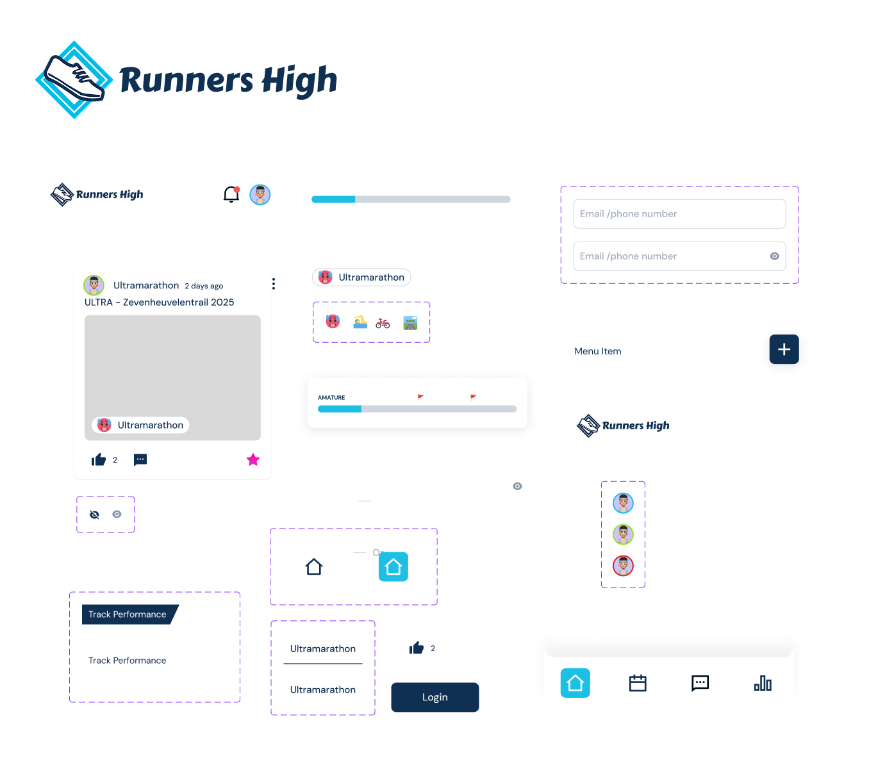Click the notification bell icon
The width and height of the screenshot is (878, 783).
click(x=231, y=194)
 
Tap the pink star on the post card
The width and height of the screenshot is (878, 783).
click(x=253, y=459)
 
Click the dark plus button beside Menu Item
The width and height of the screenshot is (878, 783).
click(x=784, y=349)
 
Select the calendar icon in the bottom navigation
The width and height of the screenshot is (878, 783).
click(x=638, y=683)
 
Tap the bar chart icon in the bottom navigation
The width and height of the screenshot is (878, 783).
click(x=763, y=683)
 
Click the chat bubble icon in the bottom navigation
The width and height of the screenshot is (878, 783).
click(x=700, y=683)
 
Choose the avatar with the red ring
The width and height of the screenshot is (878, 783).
click(x=623, y=566)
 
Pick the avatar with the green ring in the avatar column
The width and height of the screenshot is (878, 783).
click(x=623, y=534)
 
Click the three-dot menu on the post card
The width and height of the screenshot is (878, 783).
click(x=274, y=284)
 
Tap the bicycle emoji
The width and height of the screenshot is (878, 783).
click(x=383, y=323)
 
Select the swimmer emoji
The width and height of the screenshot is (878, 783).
click(x=360, y=322)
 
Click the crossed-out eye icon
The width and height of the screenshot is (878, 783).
click(x=95, y=515)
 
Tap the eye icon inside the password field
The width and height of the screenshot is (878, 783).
click(x=774, y=256)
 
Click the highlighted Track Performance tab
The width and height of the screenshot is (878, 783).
click(x=128, y=614)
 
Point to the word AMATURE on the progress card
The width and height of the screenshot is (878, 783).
click(x=331, y=398)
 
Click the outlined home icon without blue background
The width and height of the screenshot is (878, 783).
click(x=314, y=567)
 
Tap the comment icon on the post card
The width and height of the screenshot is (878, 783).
click(x=140, y=459)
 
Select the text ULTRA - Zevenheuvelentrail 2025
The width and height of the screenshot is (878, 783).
click(x=160, y=302)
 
